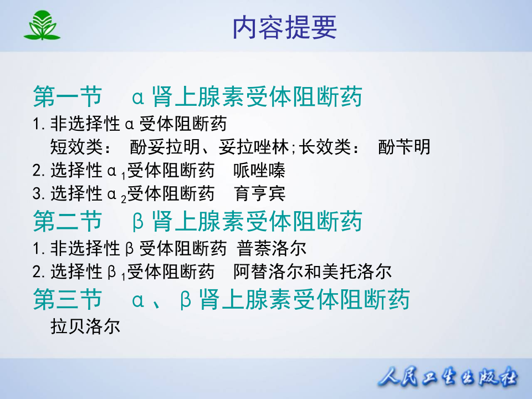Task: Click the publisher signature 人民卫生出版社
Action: tap(448, 378)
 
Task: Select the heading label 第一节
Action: tap(68, 97)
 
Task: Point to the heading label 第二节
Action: tap(68, 221)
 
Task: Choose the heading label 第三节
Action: tap(68, 299)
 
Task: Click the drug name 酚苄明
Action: tap(404, 147)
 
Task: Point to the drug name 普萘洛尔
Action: tap(272, 247)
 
